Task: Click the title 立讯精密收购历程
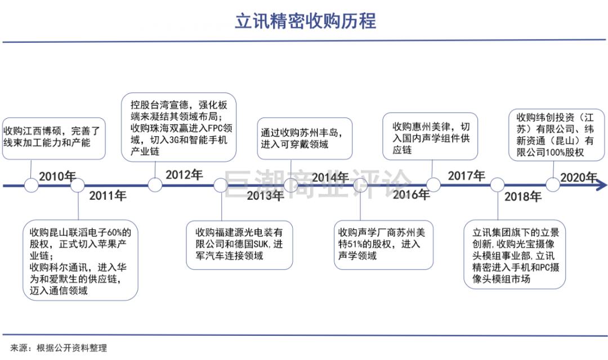coord(306,21)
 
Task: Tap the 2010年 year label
coord(57,176)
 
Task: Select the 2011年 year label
coord(108,195)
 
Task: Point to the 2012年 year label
coord(184,175)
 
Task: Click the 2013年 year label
coord(265,195)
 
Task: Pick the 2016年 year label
coord(412,194)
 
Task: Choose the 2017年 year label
coord(467,175)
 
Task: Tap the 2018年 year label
coord(522,196)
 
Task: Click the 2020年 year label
coord(579,178)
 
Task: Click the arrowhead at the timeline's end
coord(602,185)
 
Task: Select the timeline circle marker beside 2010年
coord(31,185)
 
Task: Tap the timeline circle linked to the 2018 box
coord(497,185)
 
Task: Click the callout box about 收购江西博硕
coord(54,138)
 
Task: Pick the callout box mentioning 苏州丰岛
coord(305,138)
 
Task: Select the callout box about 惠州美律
coord(430,136)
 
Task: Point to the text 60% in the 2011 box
coord(114,232)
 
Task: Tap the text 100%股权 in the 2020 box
coord(565,152)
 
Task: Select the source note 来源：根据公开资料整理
coord(59,348)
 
